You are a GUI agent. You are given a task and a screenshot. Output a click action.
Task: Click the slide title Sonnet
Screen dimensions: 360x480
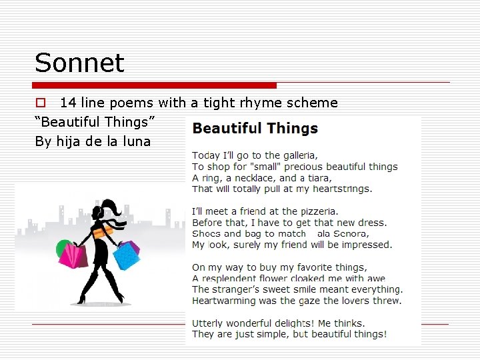[79, 63]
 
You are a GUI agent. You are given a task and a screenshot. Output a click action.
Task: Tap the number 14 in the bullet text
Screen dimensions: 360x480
[68, 103]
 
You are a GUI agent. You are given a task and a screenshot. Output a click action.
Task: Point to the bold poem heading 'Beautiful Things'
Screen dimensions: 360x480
[255, 128]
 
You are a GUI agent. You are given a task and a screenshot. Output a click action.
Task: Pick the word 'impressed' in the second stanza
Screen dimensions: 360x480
[366, 245]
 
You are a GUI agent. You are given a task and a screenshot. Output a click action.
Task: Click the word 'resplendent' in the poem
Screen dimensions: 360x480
[232, 279]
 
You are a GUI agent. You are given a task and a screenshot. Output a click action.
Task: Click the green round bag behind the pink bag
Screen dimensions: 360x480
[62, 247]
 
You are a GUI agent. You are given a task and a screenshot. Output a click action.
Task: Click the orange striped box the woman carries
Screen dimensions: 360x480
[103, 232]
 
